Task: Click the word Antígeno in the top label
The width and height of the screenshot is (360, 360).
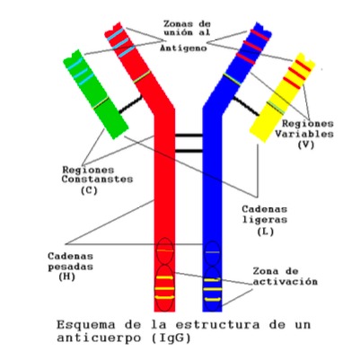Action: pos(183,48)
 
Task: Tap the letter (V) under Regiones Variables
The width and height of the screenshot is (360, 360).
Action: pos(306,145)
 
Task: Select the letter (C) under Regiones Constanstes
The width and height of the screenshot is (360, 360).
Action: pos(89,190)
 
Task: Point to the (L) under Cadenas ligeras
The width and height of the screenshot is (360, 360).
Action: pos(266,232)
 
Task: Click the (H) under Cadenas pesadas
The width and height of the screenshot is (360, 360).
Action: pos(67,277)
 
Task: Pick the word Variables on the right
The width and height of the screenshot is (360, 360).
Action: pos(304,134)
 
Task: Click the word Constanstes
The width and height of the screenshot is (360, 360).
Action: pos(97,180)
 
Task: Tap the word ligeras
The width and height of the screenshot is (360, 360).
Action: pos(264,219)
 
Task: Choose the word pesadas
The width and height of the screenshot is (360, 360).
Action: pos(70,267)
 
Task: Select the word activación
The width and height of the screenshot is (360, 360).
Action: pos(285,282)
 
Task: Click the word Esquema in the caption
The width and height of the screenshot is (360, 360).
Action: pos(86,325)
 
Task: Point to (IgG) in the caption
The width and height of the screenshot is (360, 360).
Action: pos(171,338)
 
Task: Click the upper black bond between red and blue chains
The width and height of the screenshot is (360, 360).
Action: pos(189,136)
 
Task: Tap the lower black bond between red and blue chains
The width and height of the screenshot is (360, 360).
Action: pos(189,151)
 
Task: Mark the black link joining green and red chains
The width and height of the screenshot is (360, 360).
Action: pos(130,104)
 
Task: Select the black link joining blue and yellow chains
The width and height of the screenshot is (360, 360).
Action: pos(246,106)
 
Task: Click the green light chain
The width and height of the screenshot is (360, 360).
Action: pos(96,94)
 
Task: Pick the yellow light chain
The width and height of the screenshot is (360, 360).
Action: pos(282,97)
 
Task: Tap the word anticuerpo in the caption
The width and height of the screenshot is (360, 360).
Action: pos(101,338)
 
